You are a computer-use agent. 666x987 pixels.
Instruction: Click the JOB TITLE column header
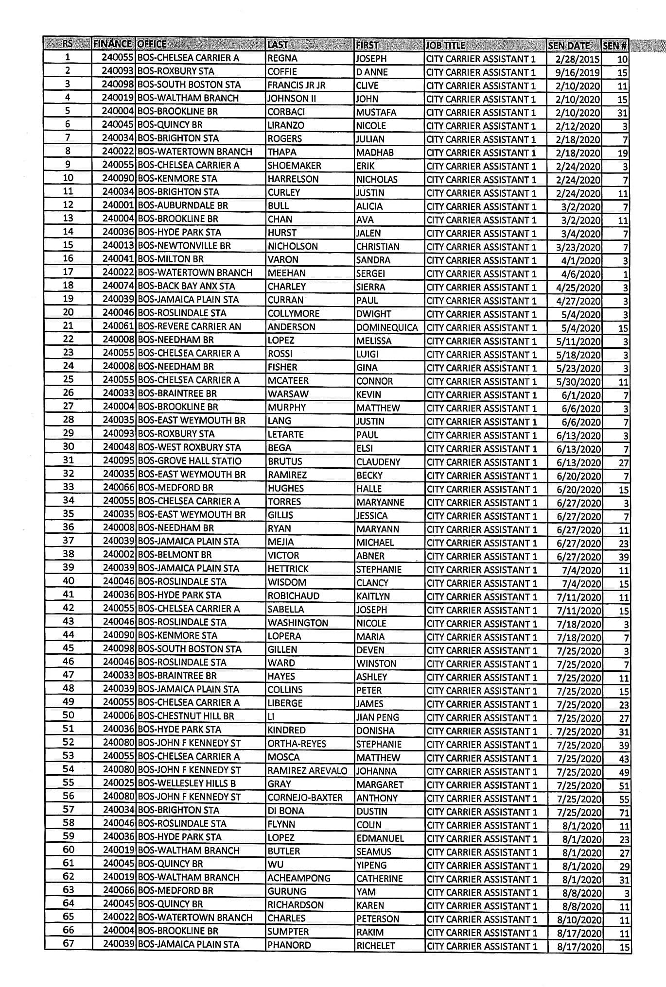[x=445, y=46]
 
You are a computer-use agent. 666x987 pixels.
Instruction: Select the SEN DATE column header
[x=568, y=46]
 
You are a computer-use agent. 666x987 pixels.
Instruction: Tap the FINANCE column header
[x=113, y=44]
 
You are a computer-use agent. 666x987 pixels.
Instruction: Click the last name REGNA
[x=282, y=58]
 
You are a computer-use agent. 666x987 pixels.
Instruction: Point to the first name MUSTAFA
[x=376, y=112]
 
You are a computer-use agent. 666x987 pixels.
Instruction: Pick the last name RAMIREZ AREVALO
[x=307, y=771]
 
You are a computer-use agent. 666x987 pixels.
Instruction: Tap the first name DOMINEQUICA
[x=387, y=327]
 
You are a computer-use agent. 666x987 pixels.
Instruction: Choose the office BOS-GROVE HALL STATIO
[x=190, y=461]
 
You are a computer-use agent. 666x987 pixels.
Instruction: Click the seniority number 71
[x=624, y=813]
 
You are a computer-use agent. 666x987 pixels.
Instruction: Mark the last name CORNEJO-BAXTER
[x=305, y=798]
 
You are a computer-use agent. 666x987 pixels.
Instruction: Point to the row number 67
[x=69, y=943]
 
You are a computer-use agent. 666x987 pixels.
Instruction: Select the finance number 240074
[x=119, y=286]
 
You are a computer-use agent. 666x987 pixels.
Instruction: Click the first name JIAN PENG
[x=377, y=717]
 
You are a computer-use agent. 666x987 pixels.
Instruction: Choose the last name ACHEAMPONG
[x=298, y=878]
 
